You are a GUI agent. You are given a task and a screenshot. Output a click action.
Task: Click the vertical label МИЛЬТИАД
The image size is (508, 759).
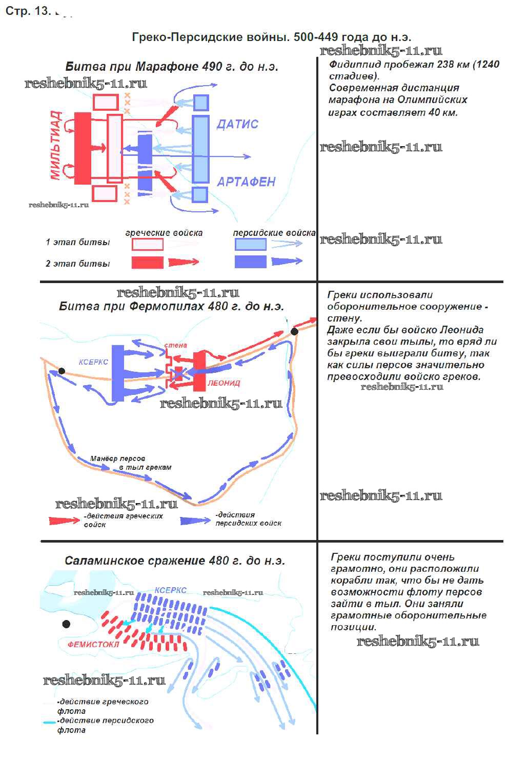coord(56,145)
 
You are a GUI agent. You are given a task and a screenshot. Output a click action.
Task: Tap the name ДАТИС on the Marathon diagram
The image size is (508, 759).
coord(237,124)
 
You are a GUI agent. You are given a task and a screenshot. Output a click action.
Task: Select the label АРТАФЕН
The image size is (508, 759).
coord(246,182)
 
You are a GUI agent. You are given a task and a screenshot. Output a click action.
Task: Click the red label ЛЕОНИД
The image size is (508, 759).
coord(224,383)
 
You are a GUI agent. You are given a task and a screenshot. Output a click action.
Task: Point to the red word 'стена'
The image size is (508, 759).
coord(175,345)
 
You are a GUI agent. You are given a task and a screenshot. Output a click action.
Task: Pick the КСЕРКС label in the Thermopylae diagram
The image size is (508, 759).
coord(93,362)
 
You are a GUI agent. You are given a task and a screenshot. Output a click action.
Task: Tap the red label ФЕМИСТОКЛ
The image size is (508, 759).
coord(93,644)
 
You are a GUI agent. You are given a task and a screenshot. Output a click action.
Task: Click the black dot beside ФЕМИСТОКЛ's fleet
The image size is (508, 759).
coord(66,624)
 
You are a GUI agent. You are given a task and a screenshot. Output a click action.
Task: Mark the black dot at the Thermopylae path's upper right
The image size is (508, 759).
coord(295,331)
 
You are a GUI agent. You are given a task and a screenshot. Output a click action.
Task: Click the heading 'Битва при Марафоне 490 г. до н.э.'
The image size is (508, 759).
coord(172,67)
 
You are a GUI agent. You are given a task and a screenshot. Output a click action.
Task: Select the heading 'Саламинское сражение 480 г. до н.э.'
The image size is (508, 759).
coord(175,561)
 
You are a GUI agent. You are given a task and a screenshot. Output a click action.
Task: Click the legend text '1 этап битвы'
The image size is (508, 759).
coord(78,242)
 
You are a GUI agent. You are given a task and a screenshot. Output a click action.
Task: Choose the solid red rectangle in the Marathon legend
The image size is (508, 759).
coord(147,262)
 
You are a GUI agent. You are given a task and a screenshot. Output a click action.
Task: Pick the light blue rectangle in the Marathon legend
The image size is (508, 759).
coord(251,244)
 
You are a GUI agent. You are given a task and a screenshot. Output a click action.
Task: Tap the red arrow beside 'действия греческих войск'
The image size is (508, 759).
coord(65,521)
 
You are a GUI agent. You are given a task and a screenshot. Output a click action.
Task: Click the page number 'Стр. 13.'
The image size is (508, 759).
coord(28,11)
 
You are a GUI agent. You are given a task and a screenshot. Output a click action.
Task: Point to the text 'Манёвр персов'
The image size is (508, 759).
coord(117,458)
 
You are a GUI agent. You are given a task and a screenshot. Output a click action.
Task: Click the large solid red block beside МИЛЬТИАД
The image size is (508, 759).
coord(83,148)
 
